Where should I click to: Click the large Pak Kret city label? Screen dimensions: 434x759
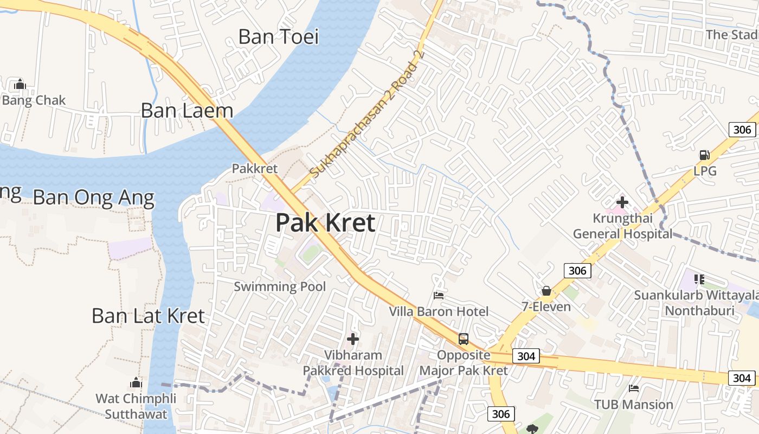point(325,223)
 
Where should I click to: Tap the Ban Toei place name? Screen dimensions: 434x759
point(279,37)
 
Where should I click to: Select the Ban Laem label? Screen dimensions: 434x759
point(187,111)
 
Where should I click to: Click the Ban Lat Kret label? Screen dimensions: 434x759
point(148,316)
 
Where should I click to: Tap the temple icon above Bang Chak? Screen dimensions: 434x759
point(20,84)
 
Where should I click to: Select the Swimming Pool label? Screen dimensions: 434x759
point(280,286)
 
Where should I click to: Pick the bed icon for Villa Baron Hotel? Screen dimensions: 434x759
point(439,296)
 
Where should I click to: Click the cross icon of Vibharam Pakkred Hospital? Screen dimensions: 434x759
point(353,340)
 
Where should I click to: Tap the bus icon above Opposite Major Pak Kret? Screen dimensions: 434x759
point(464,339)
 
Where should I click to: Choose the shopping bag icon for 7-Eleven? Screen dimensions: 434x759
point(546,291)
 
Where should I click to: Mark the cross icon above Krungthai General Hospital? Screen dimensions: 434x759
point(622,203)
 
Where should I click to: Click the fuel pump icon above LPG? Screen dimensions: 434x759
point(705,155)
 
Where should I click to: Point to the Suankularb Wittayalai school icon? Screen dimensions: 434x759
point(699,279)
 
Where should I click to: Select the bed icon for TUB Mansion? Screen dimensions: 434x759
point(633,388)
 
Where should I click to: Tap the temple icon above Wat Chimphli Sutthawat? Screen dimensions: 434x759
point(136,383)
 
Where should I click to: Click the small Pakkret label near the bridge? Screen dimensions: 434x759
point(255,169)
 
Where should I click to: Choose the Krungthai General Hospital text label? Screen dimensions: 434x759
point(622,226)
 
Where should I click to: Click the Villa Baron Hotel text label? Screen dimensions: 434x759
point(439,312)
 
